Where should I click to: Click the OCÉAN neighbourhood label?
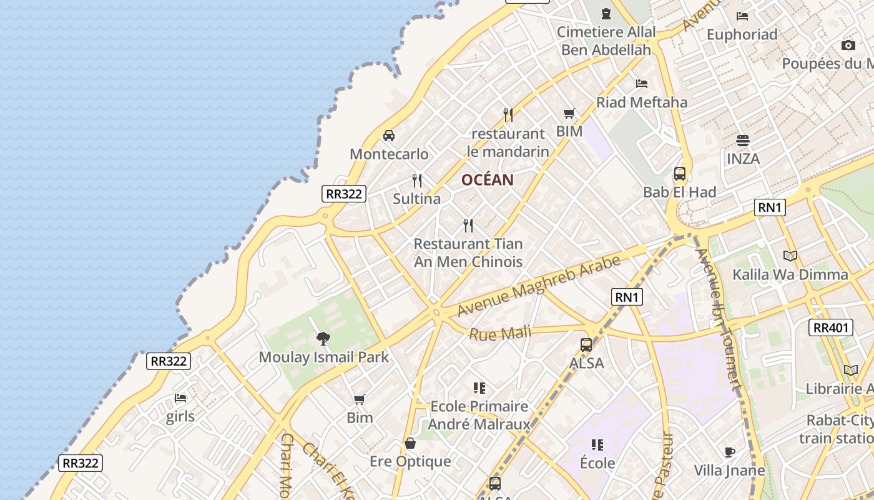pyautogui.click(x=488, y=180)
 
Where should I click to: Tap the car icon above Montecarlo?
pyautogui.click(x=389, y=136)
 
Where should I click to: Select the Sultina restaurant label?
pyautogui.click(x=417, y=199)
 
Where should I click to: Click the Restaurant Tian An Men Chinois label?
pyautogui.click(x=468, y=252)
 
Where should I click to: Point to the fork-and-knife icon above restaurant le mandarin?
pyautogui.click(x=508, y=115)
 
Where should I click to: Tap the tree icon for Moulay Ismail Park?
pyautogui.click(x=323, y=339)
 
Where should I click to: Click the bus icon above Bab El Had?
pyautogui.click(x=680, y=174)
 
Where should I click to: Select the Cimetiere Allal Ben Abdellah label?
pyautogui.click(x=606, y=41)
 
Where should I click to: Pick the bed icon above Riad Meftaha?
pyautogui.click(x=642, y=84)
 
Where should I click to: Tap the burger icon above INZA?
pyautogui.click(x=743, y=141)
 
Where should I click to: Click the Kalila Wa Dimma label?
pyautogui.click(x=790, y=274)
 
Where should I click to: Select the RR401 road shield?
pyautogui.click(x=830, y=327)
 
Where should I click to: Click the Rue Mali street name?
pyautogui.click(x=499, y=334)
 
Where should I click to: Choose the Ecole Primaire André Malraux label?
pyautogui.click(x=479, y=415)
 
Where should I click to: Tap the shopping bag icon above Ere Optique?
pyautogui.click(x=410, y=444)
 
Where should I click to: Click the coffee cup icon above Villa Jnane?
pyautogui.click(x=729, y=452)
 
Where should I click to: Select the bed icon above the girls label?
pyautogui.click(x=180, y=398)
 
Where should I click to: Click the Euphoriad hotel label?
pyautogui.click(x=742, y=34)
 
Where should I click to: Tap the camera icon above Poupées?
pyautogui.click(x=848, y=45)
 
